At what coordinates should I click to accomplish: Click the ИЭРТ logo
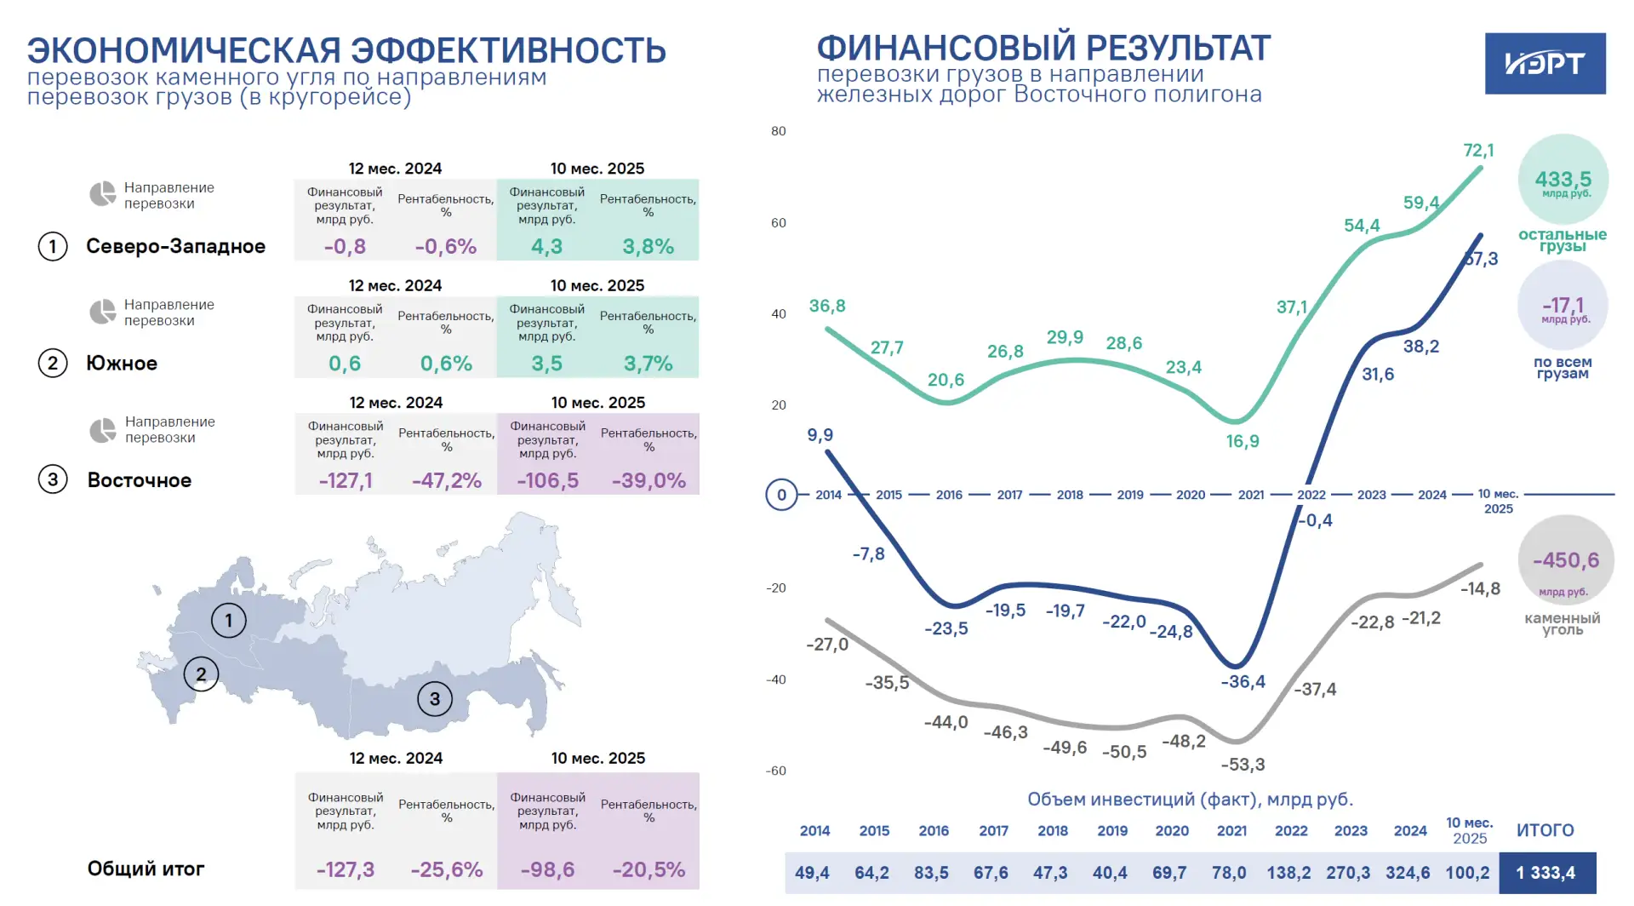1545,64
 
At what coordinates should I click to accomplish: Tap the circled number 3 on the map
435,699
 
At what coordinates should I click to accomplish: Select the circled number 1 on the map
228,621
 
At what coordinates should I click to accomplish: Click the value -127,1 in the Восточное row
346,480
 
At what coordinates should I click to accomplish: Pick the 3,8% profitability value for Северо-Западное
648,246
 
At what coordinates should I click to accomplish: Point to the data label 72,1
1478,151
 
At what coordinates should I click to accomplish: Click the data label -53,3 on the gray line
1243,765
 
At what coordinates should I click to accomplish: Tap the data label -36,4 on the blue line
1243,681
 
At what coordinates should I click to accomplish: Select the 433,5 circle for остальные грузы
1563,180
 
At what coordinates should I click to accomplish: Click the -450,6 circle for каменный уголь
1566,560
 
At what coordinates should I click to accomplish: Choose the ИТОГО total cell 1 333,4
1545,873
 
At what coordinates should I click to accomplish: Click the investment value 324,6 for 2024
1408,873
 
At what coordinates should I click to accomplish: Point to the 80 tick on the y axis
779,131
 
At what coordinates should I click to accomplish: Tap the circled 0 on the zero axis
781,495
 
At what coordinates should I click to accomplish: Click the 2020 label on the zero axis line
1191,495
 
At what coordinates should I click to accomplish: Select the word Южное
122,364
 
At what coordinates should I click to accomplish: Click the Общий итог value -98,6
547,869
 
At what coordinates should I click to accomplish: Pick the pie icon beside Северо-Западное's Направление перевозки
103,194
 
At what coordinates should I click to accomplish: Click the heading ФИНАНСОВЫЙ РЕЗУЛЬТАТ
1043,48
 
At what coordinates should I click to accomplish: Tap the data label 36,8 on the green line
827,307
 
